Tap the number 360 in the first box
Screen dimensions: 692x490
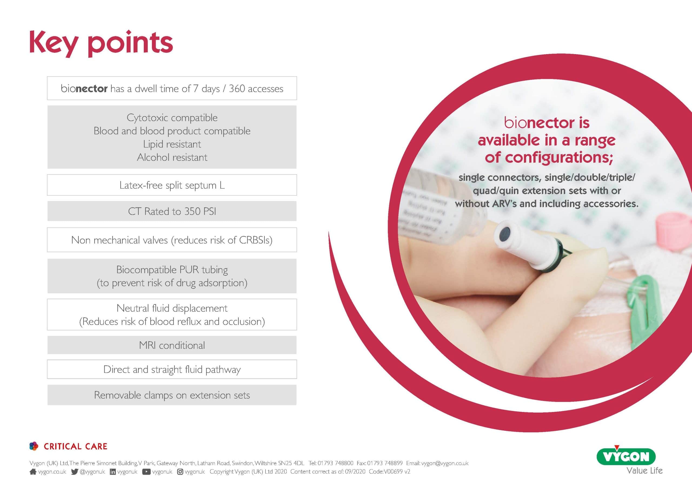[237, 89]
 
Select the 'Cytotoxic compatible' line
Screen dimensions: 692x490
[172, 118]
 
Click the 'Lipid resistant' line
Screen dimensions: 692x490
[172, 144]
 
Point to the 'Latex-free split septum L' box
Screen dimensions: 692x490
[172, 185]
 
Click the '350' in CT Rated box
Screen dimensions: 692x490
[192, 211]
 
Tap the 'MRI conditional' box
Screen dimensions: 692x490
[172, 345]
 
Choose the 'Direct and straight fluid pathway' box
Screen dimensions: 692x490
[172, 369]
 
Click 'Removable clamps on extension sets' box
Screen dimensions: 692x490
[172, 395]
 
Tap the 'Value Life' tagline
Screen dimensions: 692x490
[644, 471]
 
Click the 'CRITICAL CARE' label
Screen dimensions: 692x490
[75, 446]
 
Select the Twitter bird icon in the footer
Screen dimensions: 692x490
[74, 472]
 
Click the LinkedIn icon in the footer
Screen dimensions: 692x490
[113, 472]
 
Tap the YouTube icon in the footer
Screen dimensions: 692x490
[146, 472]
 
